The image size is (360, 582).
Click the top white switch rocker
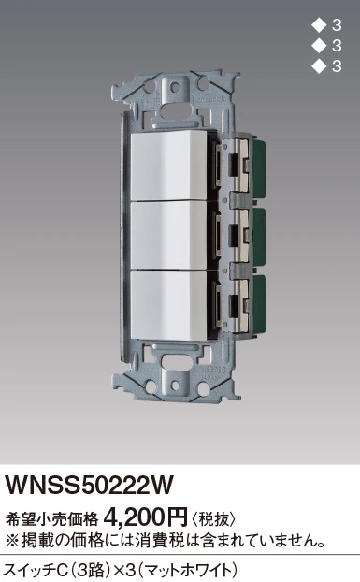point(169,166)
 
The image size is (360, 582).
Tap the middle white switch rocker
point(169,236)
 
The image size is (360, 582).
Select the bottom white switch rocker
point(169,305)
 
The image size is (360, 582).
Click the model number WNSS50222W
point(89,485)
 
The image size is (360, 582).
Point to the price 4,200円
point(146,517)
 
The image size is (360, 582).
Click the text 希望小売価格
point(51,519)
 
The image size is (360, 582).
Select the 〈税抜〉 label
point(213,519)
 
